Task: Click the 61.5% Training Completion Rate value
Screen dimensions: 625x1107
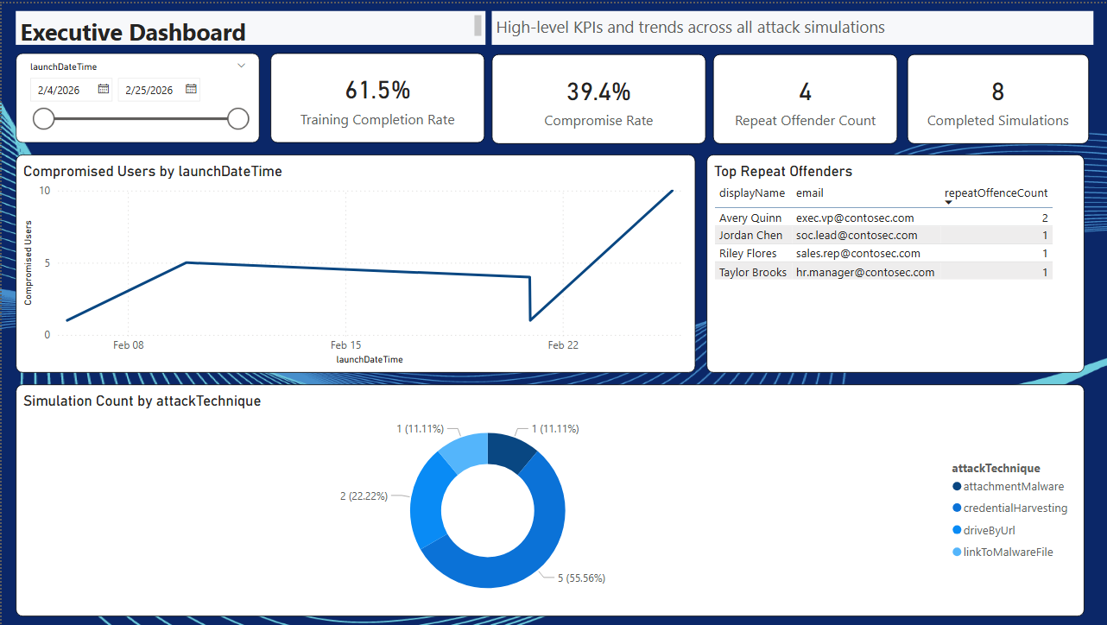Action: pos(377,90)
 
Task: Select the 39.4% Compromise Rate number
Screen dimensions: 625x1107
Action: pos(598,91)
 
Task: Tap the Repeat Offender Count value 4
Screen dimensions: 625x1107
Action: pos(805,92)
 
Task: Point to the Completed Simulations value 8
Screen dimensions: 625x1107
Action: pos(997,92)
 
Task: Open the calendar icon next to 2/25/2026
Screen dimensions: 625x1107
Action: pos(191,89)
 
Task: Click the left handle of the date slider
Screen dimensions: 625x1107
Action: pos(43,119)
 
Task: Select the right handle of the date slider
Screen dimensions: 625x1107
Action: pos(238,119)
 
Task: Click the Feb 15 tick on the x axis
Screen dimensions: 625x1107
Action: pos(345,345)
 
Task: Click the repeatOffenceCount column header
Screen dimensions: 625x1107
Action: pos(996,193)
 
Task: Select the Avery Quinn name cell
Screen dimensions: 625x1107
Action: pos(750,218)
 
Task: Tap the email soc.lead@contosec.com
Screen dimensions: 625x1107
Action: pos(856,236)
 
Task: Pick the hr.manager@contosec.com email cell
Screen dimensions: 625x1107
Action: pos(864,273)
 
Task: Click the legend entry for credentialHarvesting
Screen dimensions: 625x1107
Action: pos(1015,508)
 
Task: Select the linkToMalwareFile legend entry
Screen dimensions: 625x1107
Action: pos(1008,552)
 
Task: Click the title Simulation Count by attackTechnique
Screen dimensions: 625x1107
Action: pos(142,401)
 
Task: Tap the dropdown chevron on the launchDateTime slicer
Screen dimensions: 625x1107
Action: pos(241,66)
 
